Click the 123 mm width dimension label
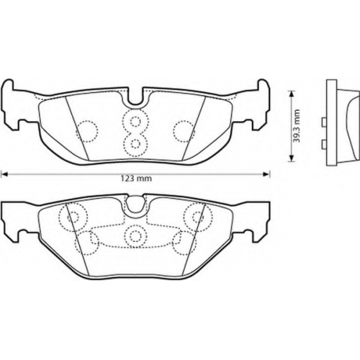click(x=136, y=179)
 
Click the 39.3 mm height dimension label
click(x=297, y=126)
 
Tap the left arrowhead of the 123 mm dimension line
click(x=4, y=174)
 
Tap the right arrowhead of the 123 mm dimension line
click(x=267, y=174)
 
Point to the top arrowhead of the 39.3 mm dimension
click(x=291, y=94)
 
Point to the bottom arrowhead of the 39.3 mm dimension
click(x=291, y=158)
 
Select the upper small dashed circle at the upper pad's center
click(x=135, y=121)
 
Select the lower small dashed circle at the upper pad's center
click(x=135, y=143)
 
